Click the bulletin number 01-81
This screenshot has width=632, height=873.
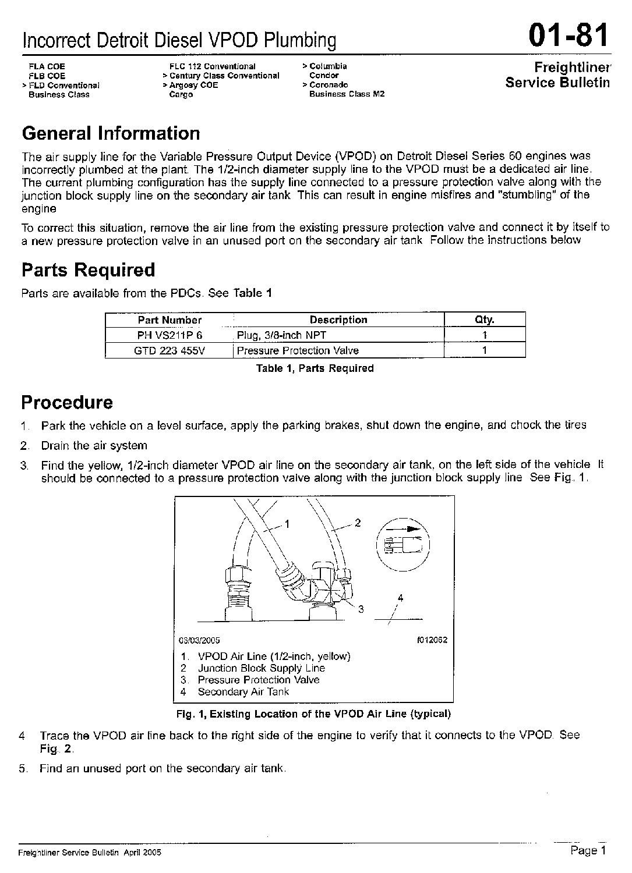coord(569,36)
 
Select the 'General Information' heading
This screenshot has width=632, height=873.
coord(111,134)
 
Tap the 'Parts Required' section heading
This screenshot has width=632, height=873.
coord(88,270)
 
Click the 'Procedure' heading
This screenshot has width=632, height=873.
coord(67,403)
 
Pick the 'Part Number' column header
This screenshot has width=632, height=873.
coord(170,320)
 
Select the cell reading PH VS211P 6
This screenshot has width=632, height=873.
coord(170,335)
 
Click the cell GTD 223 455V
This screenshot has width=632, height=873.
coord(170,350)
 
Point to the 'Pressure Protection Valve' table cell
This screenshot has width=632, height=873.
coord(298,350)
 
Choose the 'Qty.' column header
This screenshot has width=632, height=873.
coord(485,320)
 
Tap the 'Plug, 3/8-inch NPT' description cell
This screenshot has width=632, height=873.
coord(281,335)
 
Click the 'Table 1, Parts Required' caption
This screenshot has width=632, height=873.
coord(315,368)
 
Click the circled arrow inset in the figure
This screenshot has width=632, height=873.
coord(402,543)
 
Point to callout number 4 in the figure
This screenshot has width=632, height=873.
coord(400,598)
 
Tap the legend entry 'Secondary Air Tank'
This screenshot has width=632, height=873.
coord(243,692)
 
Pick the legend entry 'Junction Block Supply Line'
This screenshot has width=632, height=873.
coord(261,669)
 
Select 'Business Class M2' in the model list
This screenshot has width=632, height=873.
coord(347,94)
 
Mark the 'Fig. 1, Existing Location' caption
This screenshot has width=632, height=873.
coord(313,714)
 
